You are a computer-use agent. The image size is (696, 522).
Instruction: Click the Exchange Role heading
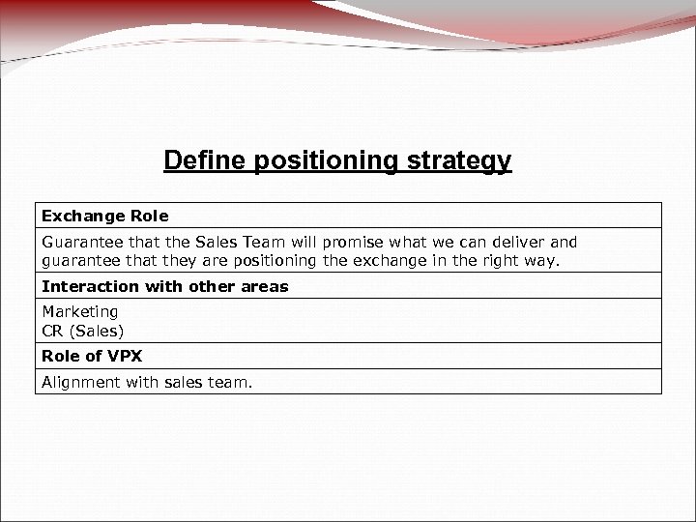104,216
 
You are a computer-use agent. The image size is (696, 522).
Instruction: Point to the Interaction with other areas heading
164,287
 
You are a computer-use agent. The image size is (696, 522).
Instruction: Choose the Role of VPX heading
91,357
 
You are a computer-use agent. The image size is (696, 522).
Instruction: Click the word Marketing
80,311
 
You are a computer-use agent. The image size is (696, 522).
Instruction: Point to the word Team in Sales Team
275,242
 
